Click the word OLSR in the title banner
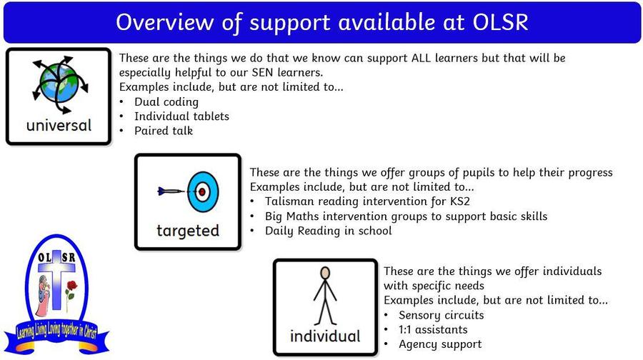pyautogui.click(x=500, y=21)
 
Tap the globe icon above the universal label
pyautogui.click(x=60, y=85)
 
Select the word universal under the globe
pyautogui.click(x=59, y=125)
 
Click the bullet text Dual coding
pyautogui.click(x=166, y=101)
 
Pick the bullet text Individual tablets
pyautogui.click(x=181, y=116)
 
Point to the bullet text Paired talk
pyautogui.click(x=164, y=131)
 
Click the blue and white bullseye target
pyautogui.click(x=203, y=191)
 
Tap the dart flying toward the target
pyautogui.click(x=171, y=191)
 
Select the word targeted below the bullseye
pyautogui.click(x=188, y=231)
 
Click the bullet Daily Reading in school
pyautogui.click(x=328, y=231)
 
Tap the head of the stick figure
pyautogui.click(x=325, y=273)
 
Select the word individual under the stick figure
pyautogui.click(x=325, y=336)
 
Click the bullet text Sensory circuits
pyautogui.click(x=442, y=315)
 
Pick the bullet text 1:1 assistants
pyautogui.click(x=433, y=330)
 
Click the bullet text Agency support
pyautogui.click(x=440, y=344)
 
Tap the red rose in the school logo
pyautogui.click(x=71, y=286)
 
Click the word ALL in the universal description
pyautogui.click(x=421, y=59)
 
